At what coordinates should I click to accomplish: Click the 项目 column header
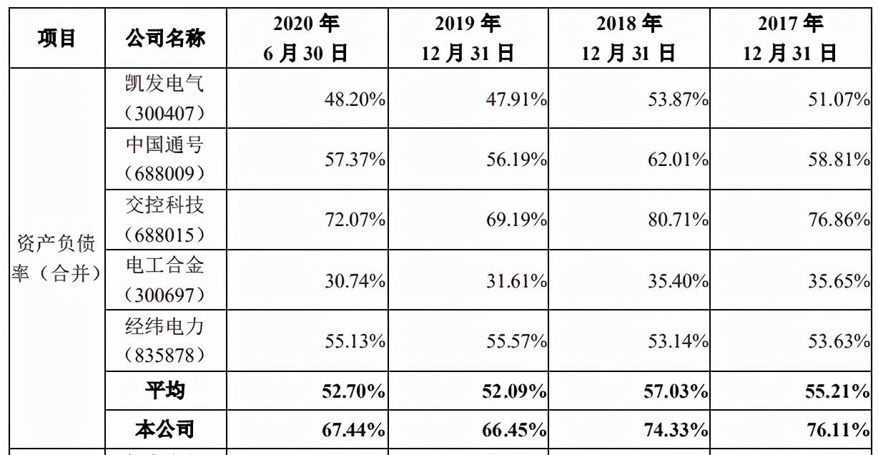(56, 38)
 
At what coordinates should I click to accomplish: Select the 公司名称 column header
(165, 38)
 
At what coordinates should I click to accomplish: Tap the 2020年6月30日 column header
(306, 39)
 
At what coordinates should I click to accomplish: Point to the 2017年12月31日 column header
(791, 39)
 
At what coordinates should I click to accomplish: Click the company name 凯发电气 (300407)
(165, 99)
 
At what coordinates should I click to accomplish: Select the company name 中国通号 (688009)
(165, 159)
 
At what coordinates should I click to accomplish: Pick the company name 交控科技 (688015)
(165, 220)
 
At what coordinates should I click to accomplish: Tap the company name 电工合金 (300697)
(165, 280)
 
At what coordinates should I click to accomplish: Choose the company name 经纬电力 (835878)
(165, 341)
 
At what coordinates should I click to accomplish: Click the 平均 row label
(165, 391)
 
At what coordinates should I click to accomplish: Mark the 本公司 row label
(165, 429)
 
